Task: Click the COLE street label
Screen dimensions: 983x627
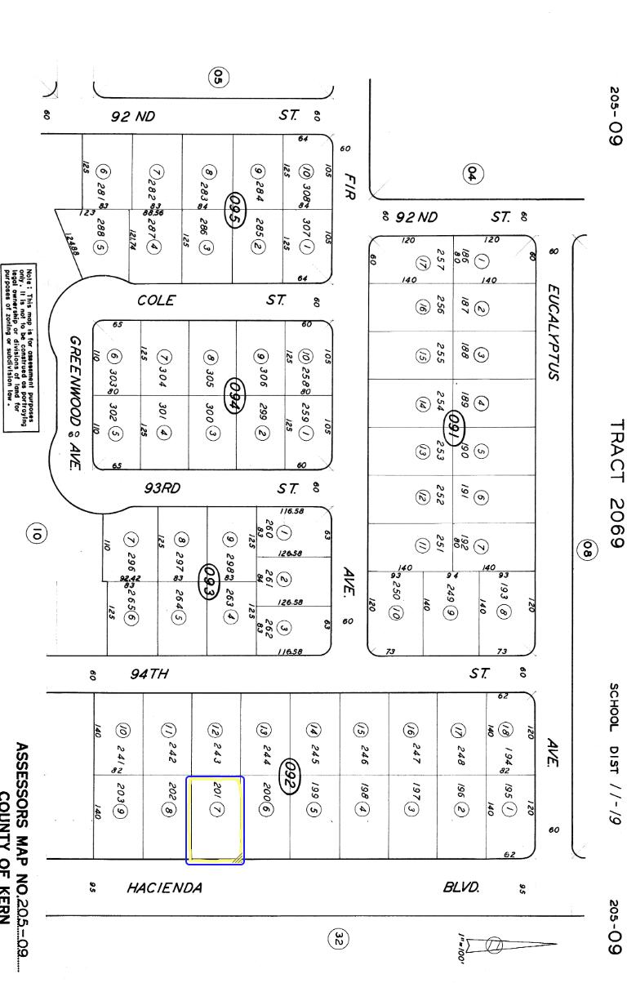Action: (156, 300)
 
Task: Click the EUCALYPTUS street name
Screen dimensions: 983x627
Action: (552, 331)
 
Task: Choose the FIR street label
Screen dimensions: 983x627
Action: (349, 185)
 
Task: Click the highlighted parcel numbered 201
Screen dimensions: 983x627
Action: (216, 819)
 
